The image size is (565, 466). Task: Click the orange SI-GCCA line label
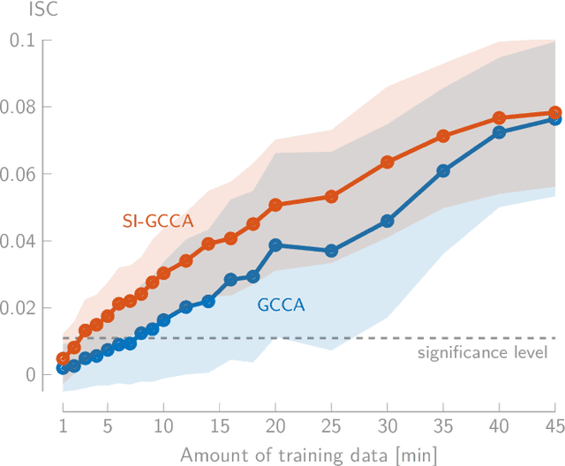pyautogui.click(x=157, y=222)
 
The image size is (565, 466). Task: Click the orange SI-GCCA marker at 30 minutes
pyautogui.click(x=388, y=162)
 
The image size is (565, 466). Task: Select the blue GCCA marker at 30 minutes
pyautogui.click(x=388, y=221)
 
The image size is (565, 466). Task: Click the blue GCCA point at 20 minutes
pyautogui.click(x=275, y=245)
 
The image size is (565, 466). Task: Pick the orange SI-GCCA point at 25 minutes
pyautogui.click(x=331, y=197)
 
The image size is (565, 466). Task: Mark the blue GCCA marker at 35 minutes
pyautogui.click(x=443, y=171)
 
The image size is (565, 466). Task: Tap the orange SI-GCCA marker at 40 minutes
pyautogui.click(x=499, y=118)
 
